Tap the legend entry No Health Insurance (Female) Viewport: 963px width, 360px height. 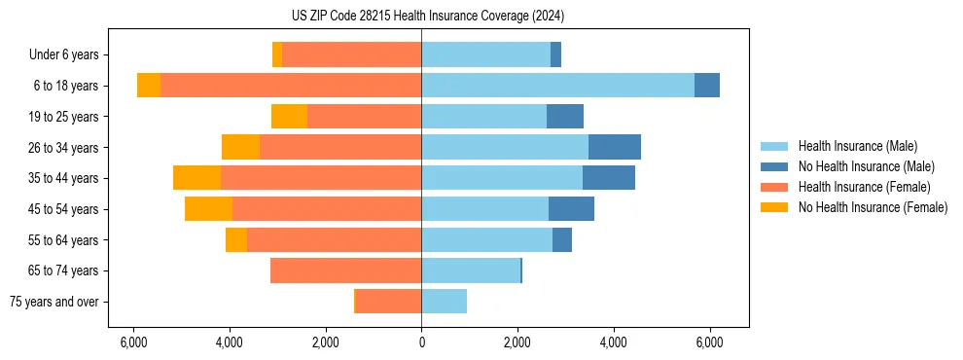(873, 207)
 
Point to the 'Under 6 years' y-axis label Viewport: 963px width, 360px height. (63, 54)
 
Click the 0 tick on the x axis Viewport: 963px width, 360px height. (421, 342)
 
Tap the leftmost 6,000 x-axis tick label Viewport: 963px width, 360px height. (133, 342)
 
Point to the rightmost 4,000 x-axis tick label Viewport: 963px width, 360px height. (614, 342)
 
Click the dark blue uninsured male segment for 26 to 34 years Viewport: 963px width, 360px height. (615, 147)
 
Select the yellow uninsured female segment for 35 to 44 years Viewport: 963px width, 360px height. (196, 178)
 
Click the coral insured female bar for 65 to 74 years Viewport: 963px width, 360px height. (345, 270)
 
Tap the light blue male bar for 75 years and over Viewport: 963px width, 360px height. (444, 302)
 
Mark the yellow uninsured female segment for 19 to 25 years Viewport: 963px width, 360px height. (289, 117)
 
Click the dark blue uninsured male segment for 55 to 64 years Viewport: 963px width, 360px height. (562, 239)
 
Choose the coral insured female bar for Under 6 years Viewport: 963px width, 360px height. (351, 54)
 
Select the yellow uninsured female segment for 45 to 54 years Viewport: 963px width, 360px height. (208, 209)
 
